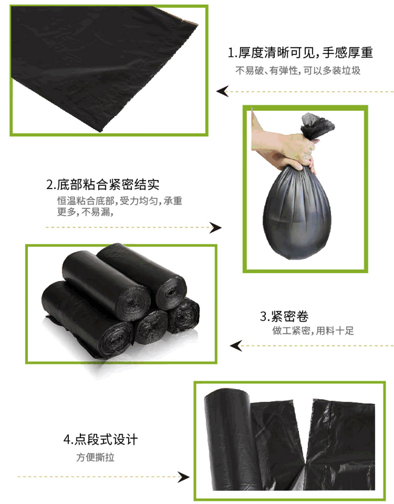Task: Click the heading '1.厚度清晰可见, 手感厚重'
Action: click(300, 53)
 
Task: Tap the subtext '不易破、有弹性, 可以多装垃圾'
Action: click(298, 70)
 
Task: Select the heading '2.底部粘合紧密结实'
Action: click(103, 185)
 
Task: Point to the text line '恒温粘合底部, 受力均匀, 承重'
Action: click(120, 201)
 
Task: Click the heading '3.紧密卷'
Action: click(284, 316)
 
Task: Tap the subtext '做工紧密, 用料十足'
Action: click(313, 330)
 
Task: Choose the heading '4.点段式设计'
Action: click(101, 440)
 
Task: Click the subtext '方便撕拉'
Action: click(95, 457)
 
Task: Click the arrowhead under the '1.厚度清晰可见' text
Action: click(222, 91)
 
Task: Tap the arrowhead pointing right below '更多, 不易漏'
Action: click(215, 228)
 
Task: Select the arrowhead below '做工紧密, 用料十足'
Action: click(236, 346)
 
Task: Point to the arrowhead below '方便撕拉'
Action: click(184, 477)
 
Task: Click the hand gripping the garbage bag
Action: click(283, 145)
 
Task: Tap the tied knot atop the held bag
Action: click(317, 125)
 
